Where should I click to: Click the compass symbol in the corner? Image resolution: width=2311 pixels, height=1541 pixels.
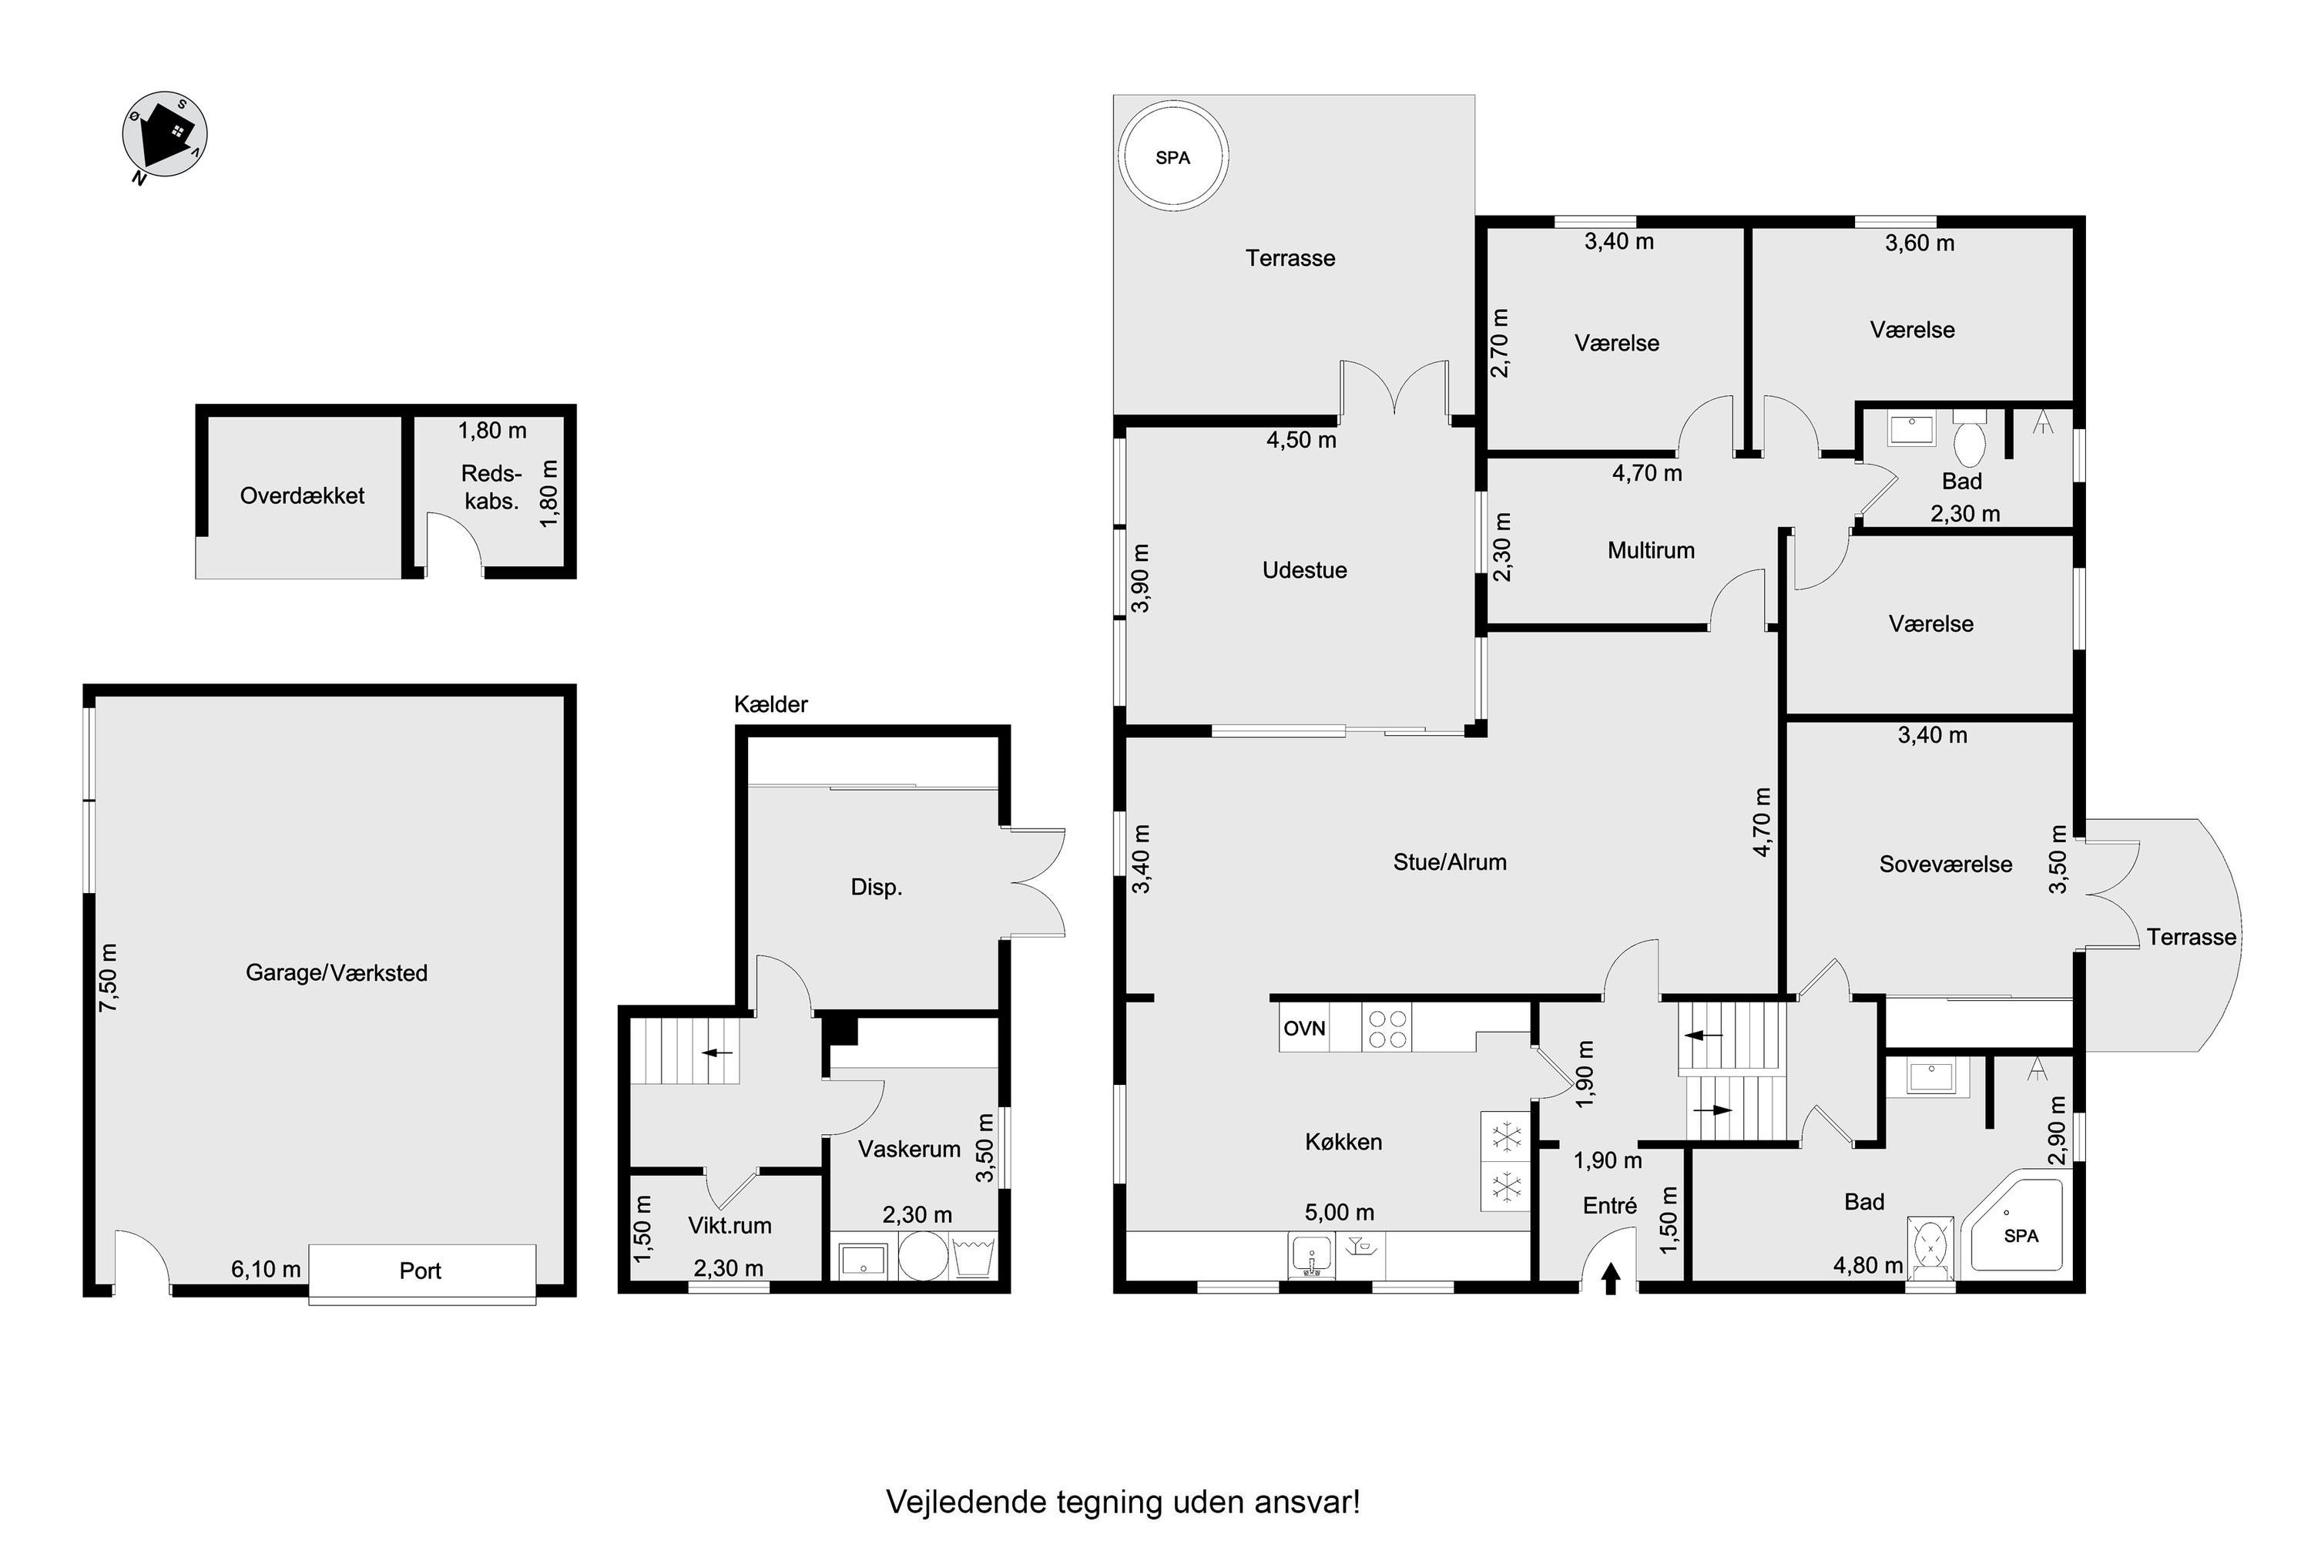point(164,136)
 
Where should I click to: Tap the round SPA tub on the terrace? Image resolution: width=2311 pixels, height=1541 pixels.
point(1173,157)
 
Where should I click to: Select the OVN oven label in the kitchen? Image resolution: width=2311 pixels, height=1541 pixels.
point(1305,1028)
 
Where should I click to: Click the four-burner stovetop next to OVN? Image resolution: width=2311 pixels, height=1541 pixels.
point(1387,1028)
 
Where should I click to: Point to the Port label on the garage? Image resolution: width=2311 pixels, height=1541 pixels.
point(421,1271)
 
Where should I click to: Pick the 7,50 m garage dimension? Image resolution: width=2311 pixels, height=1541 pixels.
point(108,978)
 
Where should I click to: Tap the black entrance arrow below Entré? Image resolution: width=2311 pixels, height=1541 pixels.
point(1611,1278)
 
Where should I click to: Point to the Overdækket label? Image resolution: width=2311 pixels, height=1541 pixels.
point(302,495)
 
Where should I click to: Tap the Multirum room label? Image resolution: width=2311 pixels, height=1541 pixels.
point(1651,550)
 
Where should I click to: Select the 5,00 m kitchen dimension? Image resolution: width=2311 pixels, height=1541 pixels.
point(1340,1213)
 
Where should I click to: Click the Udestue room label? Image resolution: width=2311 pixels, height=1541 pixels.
point(1304,570)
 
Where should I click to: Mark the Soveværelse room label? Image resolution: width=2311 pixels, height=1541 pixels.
point(1946,864)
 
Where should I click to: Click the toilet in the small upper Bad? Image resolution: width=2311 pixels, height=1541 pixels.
point(1969,438)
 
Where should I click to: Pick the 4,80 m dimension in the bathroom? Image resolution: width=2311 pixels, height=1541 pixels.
point(1868,1265)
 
